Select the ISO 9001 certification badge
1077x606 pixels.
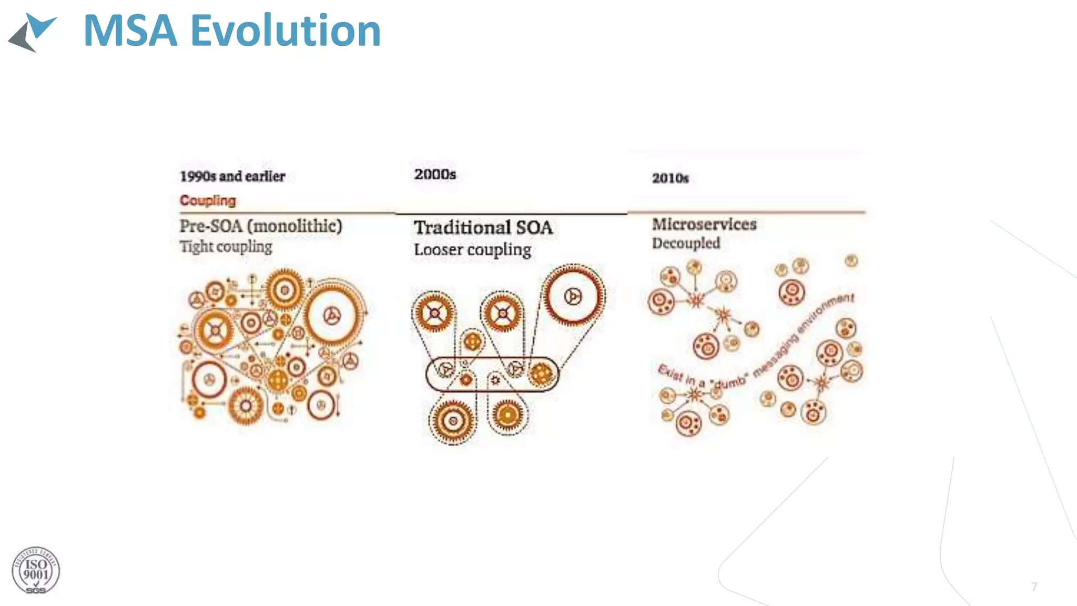(36, 571)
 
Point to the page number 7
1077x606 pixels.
(1034, 587)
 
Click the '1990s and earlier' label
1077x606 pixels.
(232, 176)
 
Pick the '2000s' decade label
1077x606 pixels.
(435, 174)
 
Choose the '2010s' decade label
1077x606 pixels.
(670, 178)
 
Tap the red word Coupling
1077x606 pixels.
(208, 200)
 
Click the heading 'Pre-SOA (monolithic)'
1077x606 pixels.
(261, 226)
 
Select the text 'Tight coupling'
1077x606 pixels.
(226, 247)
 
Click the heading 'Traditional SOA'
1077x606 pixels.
(483, 228)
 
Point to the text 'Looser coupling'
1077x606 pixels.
(472, 250)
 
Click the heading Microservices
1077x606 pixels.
(704, 224)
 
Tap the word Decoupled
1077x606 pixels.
(686, 243)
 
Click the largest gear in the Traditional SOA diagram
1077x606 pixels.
(573, 296)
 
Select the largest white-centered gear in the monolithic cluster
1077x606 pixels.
(332, 315)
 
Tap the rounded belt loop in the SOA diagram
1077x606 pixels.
(492, 373)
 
